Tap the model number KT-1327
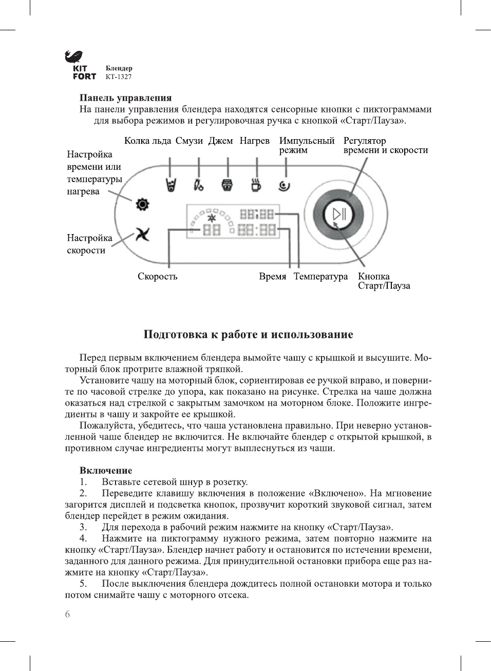pyautogui.click(x=119, y=77)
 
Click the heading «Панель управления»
pyautogui.click(x=125, y=98)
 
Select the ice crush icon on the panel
pyautogui.click(x=171, y=184)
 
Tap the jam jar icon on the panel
pyautogui.click(x=227, y=184)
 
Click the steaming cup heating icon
pyautogui.click(x=256, y=184)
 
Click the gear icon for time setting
pyautogui.click(x=142, y=204)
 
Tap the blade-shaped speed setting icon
pyautogui.click(x=142, y=235)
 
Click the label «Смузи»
pyautogui.click(x=189, y=141)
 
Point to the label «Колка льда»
pyautogui.click(x=147, y=141)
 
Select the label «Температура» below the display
pyautogui.click(x=320, y=276)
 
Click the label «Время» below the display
pyautogui.click(x=272, y=276)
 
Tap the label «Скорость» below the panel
pyautogui.click(x=157, y=276)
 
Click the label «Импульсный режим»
pyautogui.click(x=307, y=145)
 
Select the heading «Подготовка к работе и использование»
pyautogui.click(x=248, y=335)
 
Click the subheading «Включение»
pyautogui.click(x=105, y=470)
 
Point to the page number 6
pyautogui.click(x=67, y=614)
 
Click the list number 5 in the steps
pyautogui.click(x=83, y=584)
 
